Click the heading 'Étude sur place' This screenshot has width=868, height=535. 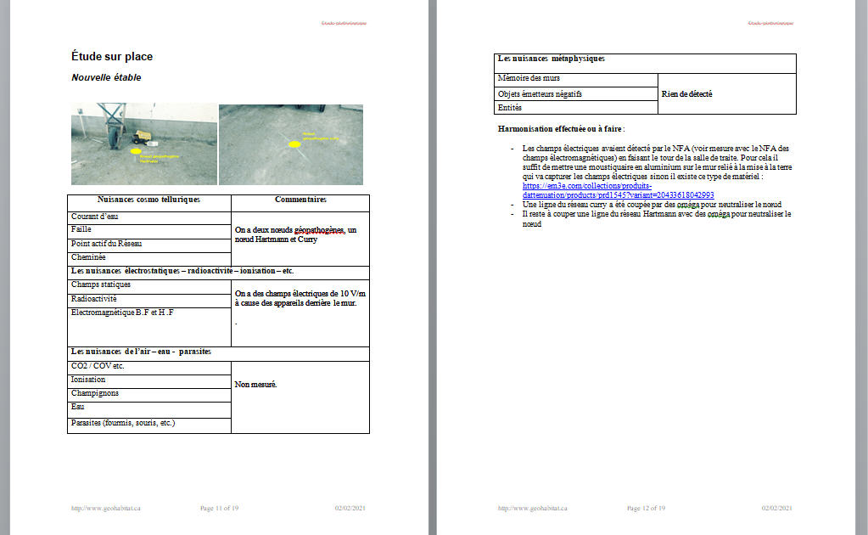click(112, 57)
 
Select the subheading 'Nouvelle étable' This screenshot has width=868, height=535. click(106, 77)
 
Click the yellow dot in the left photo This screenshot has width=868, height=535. click(135, 151)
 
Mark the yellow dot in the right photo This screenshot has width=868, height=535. click(294, 144)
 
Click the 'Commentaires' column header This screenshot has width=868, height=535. click(300, 200)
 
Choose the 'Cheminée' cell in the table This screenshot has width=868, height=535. click(89, 257)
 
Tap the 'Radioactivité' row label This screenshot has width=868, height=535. click(94, 299)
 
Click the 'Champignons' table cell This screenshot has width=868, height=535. click(95, 393)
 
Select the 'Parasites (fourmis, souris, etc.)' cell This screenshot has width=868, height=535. click(123, 422)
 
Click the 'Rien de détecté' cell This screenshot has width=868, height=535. click(686, 94)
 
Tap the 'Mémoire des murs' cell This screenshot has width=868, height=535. click(529, 78)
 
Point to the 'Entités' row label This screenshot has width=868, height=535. click(510, 108)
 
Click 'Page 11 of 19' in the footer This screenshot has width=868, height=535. click(219, 508)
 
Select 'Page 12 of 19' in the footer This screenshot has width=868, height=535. click(646, 508)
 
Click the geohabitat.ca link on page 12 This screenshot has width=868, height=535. click(532, 508)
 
